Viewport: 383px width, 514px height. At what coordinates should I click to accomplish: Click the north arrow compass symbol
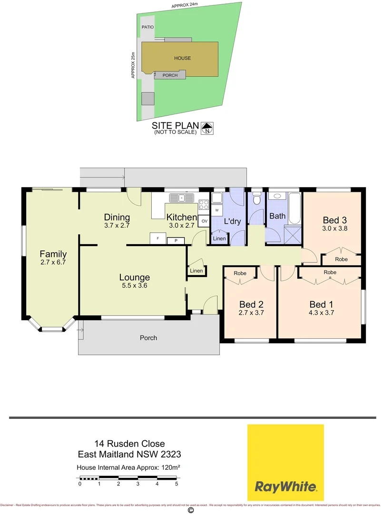tap(207, 128)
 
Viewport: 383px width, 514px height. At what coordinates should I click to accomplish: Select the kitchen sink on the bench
tap(182, 197)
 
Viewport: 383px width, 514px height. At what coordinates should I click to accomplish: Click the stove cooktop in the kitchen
tap(203, 205)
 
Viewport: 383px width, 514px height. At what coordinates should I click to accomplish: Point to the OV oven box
tap(205, 221)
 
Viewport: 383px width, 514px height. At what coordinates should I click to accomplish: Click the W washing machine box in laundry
tap(217, 210)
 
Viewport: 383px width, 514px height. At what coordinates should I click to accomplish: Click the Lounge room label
tap(135, 277)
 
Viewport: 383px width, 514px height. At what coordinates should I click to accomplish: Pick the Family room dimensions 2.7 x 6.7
tap(53, 262)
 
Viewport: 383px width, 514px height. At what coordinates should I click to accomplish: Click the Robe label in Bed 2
tap(240, 274)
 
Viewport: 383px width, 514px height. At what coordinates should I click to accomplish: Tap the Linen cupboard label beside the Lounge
tap(196, 271)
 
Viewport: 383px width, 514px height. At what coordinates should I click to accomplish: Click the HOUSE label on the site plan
tap(182, 58)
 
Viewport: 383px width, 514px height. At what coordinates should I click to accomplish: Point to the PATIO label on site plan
tap(147, 27)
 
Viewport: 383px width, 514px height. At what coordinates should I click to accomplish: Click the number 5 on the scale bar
tap(177, 484)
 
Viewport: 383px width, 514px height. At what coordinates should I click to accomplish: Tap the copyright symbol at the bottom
tap(191, 510)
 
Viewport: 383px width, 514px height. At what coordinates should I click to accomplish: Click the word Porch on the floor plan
tap(148, 338)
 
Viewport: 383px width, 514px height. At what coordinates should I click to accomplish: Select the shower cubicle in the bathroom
tap(293, 236)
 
